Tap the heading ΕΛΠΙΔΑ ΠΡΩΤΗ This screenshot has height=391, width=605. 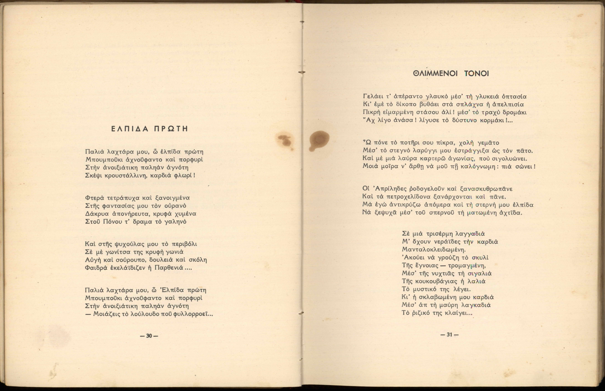click(150, 129)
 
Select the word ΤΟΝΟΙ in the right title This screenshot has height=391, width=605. click(476, 74)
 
